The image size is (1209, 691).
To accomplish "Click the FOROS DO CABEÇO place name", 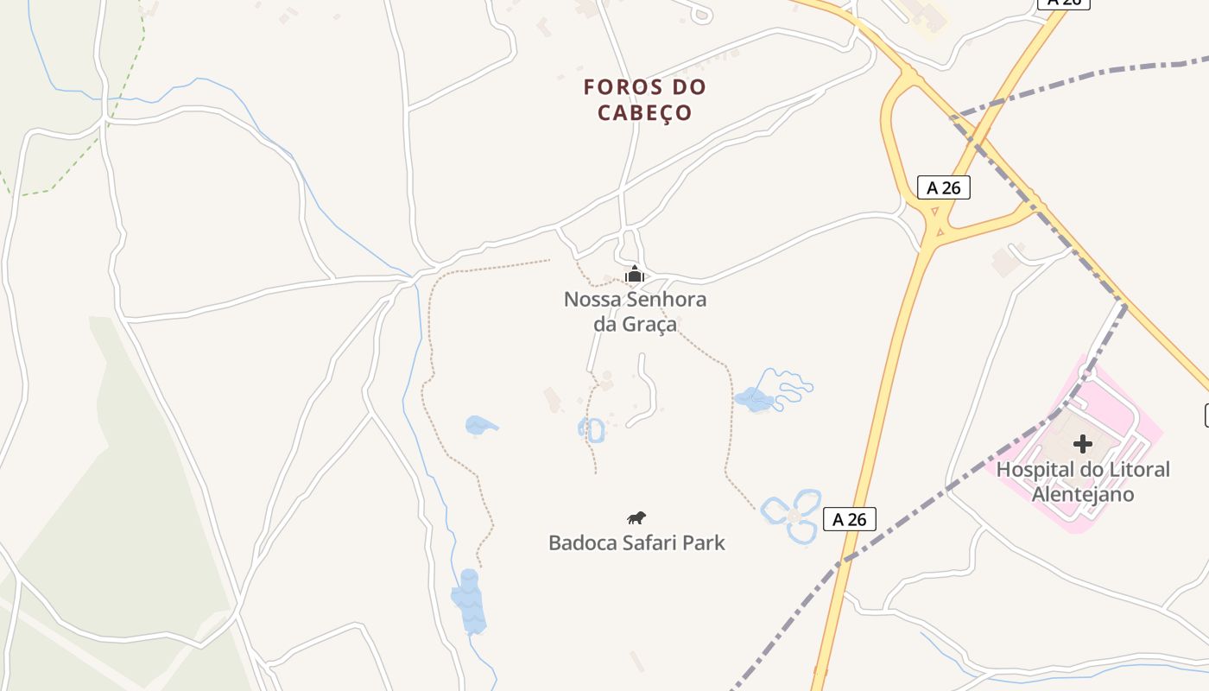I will coord(644,99).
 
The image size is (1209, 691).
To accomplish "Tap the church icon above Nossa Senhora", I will coord(635,275).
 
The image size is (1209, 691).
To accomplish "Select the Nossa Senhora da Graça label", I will coord(635,312).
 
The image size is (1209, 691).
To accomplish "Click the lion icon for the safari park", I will coord(636,518).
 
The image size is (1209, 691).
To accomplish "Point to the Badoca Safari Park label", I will coord(636,543).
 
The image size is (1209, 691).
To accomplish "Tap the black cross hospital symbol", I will coord(1082,444).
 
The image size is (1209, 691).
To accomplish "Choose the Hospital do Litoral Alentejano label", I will coord(1083,482).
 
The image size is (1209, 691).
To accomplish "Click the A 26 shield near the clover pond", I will coord(850,519).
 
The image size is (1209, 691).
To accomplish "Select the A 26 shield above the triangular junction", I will coord(943,187).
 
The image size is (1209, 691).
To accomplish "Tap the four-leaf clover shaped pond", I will coord(792,516).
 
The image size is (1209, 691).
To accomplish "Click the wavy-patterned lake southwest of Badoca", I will coord(469,601).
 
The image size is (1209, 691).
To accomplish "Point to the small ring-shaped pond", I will coord(592,429).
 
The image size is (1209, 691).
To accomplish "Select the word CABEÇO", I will coord(644,113).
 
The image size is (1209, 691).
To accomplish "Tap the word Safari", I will coord(653,543).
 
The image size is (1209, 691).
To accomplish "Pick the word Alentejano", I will coord(1083,495).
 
